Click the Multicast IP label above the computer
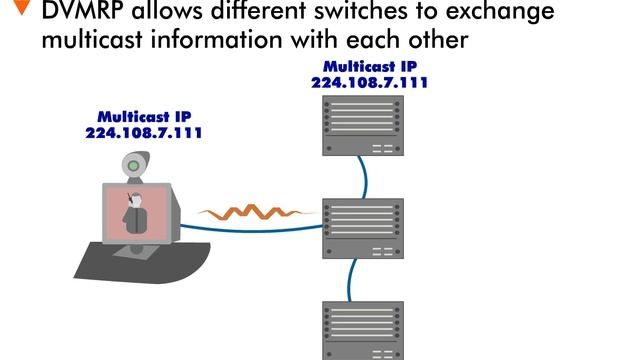point(144,115)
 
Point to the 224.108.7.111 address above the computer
point(144,130)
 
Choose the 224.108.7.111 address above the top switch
point(370,83)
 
